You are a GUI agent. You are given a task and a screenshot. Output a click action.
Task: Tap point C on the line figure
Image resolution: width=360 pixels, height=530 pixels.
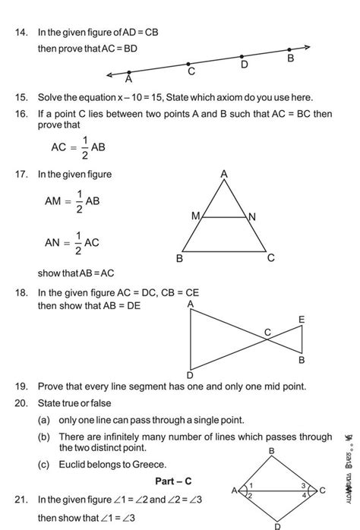tap(188, 65)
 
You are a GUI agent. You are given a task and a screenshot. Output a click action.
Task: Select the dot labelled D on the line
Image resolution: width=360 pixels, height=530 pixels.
tap(242, 56)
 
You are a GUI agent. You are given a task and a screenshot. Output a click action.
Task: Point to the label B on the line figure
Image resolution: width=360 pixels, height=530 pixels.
tap(290, 58)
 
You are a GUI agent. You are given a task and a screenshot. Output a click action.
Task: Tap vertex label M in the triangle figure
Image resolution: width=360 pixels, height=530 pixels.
tap(195, 216)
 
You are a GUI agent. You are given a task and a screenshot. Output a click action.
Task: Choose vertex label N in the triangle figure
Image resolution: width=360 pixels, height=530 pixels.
tap(252, 218)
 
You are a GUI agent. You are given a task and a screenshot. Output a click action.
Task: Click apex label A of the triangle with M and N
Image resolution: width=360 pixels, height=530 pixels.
tap(224, 175)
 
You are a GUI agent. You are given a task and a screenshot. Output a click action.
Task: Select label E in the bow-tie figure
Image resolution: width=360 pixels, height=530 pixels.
tap(301, 320)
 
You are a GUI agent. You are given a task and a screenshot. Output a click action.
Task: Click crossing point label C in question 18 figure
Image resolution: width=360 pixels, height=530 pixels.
tap(267, 331)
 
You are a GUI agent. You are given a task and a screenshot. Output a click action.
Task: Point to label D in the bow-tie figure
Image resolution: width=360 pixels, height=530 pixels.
tap(190, 375)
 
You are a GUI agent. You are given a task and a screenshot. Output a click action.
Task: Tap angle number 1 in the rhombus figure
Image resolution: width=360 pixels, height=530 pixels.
tap(251, 485)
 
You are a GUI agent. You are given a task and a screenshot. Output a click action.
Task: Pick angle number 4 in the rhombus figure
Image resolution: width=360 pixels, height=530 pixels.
tap(303, 494)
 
